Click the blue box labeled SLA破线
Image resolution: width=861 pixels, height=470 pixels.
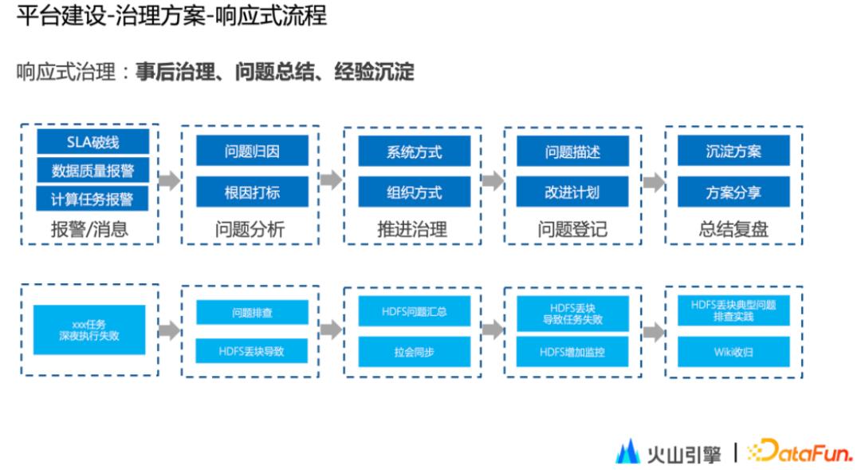(x=92, y=143)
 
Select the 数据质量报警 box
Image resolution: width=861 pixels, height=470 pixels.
(x=92, y=171)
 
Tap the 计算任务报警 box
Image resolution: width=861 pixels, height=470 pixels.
(x=92, y=199)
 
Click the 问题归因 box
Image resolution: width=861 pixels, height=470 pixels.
(x=252, y=151)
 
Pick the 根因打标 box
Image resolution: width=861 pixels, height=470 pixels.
(x=252, y=192)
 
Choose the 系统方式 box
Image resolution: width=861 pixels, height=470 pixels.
(x=414, y=151)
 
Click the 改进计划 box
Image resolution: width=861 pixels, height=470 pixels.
(x=572, y=192)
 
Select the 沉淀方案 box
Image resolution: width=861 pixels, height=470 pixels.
(x=733, y=151)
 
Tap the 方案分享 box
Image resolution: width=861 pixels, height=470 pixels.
(x=733, y=192)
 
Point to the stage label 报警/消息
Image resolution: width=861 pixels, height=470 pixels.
(x=89, y=230)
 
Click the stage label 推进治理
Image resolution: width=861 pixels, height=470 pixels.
(x=412, y=230)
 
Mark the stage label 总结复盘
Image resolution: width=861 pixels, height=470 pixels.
(x=733, y=230)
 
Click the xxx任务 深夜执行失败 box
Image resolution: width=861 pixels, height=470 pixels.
(x=89, y=330)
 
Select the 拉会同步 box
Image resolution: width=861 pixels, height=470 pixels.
(x=414, y=351)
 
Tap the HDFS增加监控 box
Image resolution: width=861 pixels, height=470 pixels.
(x=572, y=351)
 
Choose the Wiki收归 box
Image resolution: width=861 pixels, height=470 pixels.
(x=733, y=351)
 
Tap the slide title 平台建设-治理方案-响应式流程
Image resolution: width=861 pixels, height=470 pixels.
(x=171, y=17)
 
